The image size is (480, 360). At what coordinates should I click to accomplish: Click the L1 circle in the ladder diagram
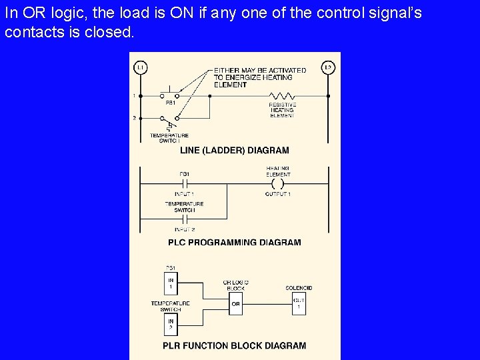(x=140, y=67)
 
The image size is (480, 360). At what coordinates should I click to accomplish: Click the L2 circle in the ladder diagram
(x=328, y=67)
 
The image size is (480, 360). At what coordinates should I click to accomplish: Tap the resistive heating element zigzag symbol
(x=283, y=96)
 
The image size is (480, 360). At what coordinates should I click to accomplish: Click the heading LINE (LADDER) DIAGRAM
(x=235, y=151)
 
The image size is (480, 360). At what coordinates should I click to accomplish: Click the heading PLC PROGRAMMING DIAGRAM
(x=235, y=243)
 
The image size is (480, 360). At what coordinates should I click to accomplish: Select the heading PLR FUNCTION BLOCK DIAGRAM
(x=235, y=346)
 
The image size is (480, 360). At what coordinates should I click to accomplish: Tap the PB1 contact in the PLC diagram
(x=185, y=183)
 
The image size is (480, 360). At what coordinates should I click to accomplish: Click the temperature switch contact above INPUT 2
(x=185, y=219)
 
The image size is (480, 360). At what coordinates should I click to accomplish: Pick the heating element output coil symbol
(x=277, y=183)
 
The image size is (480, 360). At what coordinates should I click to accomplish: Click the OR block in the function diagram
(x=235, y=305)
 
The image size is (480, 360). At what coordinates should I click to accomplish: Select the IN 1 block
(x=171, y=282)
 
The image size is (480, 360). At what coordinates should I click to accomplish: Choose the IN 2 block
(x=171, y=325)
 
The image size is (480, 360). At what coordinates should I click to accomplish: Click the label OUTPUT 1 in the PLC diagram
(x=277, y=194)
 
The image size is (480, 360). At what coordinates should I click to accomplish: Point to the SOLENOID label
(x=299, y=288)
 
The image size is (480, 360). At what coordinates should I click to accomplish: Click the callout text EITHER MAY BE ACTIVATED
(x=260, y=70)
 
